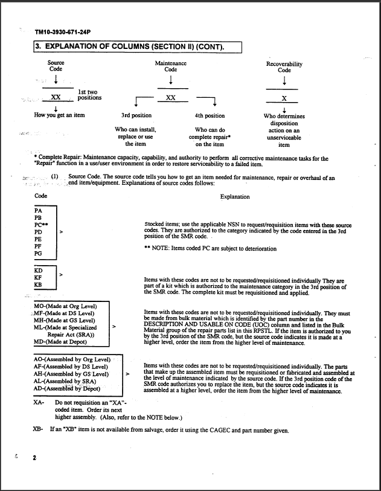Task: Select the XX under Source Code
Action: [x=56, y=97]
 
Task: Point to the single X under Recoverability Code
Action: [x=284, y=98]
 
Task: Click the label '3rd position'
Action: [x=136, y=115]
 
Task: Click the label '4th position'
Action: [x=210, y=115]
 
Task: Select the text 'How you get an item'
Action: [x=59, y=115]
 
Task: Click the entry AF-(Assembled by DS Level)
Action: [x=71, y=366]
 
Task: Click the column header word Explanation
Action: [x=235, y=196]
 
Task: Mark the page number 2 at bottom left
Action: [x=34, y=459]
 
